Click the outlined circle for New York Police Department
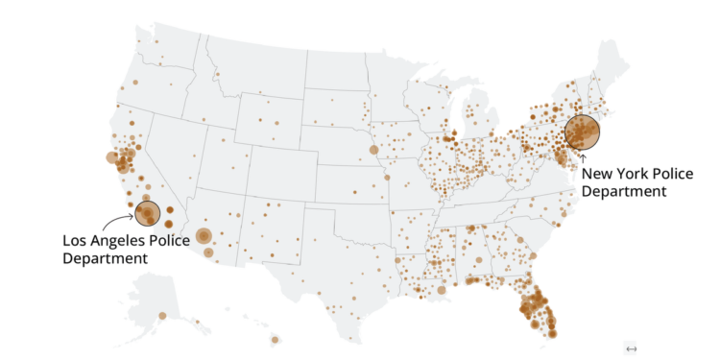[x=582, y=132]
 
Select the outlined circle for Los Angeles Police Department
[x=147, y=214]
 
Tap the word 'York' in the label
[x=632, y=174]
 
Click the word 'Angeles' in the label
[x=123, y=240]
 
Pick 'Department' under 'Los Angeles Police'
[x=106, y=257]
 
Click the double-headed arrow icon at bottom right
[x=631, y=348]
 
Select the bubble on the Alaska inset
[x=162, y=316]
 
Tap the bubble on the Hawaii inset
[x=275, y=338]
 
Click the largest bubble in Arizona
[x=204, y=236]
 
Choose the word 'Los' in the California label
[x=78, y=240]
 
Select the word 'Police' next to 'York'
[x=673, y=174]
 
